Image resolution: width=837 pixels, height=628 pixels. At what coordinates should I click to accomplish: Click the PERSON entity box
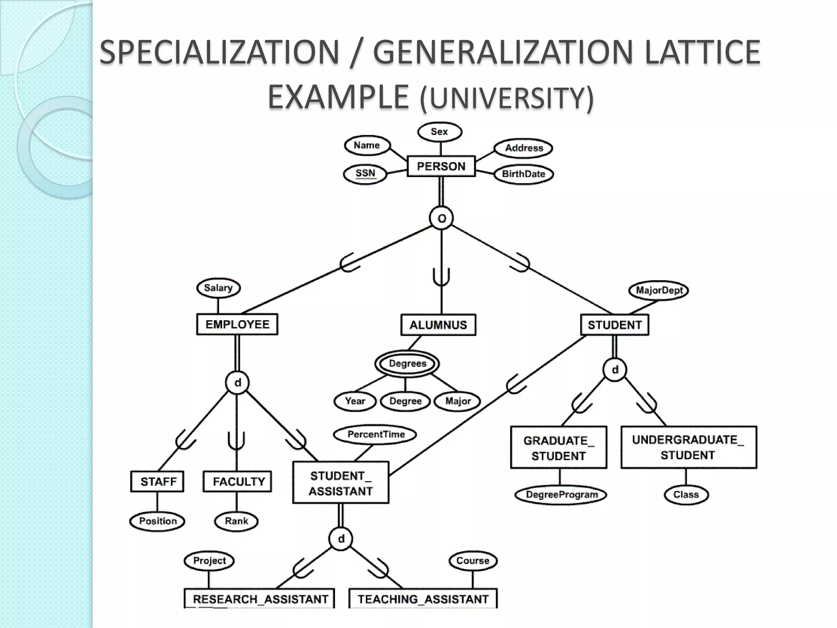(x=441, y=166)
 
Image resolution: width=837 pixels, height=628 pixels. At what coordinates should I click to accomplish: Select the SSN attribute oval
(x=365, y=173)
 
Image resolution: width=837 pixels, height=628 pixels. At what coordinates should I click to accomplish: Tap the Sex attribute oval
(x=439, y=132)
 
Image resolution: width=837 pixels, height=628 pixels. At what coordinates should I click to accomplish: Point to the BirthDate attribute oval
(x=524, y=174)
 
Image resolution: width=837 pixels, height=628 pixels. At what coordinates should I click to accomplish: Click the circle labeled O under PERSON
(x=441, y=218)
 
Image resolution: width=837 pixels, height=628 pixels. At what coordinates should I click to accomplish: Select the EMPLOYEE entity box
(x=237, y=325)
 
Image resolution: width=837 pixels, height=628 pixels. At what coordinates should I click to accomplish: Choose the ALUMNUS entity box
(x=438, y=325)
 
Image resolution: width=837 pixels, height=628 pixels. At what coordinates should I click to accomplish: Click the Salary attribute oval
(x=218, y=288)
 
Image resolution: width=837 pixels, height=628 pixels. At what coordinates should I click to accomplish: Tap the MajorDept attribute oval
(x=659, y=291)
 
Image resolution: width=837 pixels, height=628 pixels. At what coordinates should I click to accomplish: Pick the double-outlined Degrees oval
(x=407, y=363)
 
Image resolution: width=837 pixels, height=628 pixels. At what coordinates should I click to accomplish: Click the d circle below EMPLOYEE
(x=237, y=383)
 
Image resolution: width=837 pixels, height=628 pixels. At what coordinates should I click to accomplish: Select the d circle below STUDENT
(x=615, y=370)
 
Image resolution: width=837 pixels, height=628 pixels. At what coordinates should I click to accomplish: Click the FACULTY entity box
(x=237, y=482)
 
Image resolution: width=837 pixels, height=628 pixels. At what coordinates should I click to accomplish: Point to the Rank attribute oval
(x=236, y=521)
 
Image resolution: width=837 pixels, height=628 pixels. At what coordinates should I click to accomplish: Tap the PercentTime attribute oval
(x=375, y=434)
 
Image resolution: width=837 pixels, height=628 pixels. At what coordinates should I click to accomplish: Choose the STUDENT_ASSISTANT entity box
(x=340, y=483)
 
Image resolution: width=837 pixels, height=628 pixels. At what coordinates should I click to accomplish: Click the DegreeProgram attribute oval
(x=561, y=495)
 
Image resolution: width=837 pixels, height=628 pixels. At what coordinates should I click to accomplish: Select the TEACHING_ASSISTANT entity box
(x=423, y=599)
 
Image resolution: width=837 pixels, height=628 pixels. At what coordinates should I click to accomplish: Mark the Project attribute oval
(x=209, y=561)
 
